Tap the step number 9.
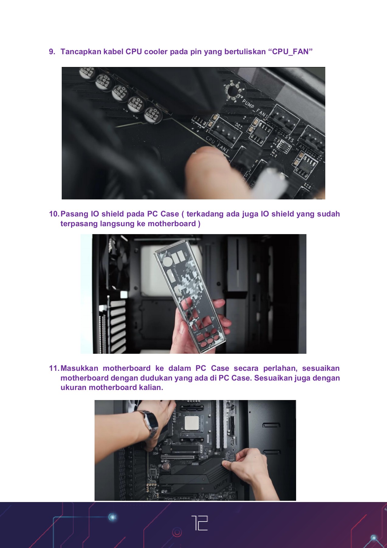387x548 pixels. [x=52, y=52]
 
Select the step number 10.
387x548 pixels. [x=54, y=214]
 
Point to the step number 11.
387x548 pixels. [x=54, y=368]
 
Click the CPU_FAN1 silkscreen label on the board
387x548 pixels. [x=217, y=144]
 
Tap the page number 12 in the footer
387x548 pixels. [x=199, y=523]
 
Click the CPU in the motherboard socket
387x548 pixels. [x=192, y=423]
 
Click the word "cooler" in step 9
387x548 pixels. [x=156, y=52]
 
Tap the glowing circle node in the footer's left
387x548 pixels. [x=112, y=517]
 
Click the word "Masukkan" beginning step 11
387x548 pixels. [x=79, y=368]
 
